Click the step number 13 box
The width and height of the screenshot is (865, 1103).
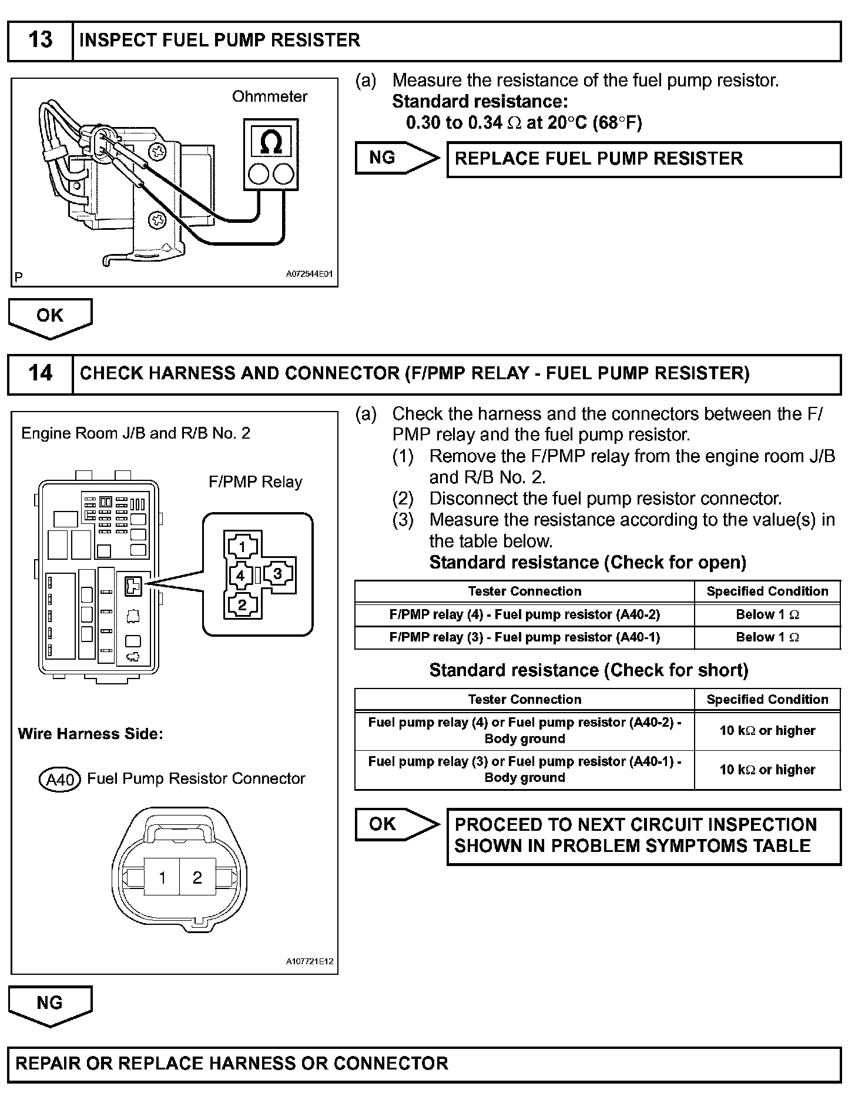(x=40, y=41)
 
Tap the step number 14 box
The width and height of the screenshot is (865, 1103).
(x=40, y=373)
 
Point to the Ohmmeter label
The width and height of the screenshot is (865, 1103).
(x=270, y=96)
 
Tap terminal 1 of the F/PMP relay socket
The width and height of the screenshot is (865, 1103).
(x=242, y=547)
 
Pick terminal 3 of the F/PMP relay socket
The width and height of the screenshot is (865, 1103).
(x=277, y=574)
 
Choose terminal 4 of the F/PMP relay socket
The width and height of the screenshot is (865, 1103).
(x=240, y=575)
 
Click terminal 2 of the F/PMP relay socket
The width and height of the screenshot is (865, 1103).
(x=242, y=604)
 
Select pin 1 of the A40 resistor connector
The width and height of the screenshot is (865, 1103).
(x=162, y=878)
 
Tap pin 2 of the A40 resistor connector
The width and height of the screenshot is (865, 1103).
(x=197, y=878)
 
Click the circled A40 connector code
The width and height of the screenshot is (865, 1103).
(x=59, y=780)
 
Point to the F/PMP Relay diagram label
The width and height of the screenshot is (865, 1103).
(x=255, y=482)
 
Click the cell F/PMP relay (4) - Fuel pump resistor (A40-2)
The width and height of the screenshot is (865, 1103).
(x=524, y=614)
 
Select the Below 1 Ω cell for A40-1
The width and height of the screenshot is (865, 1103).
(x=767, y=637)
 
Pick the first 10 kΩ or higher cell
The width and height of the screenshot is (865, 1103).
(x=767, y=731)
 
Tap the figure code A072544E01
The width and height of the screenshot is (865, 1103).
(x=309, y=274)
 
